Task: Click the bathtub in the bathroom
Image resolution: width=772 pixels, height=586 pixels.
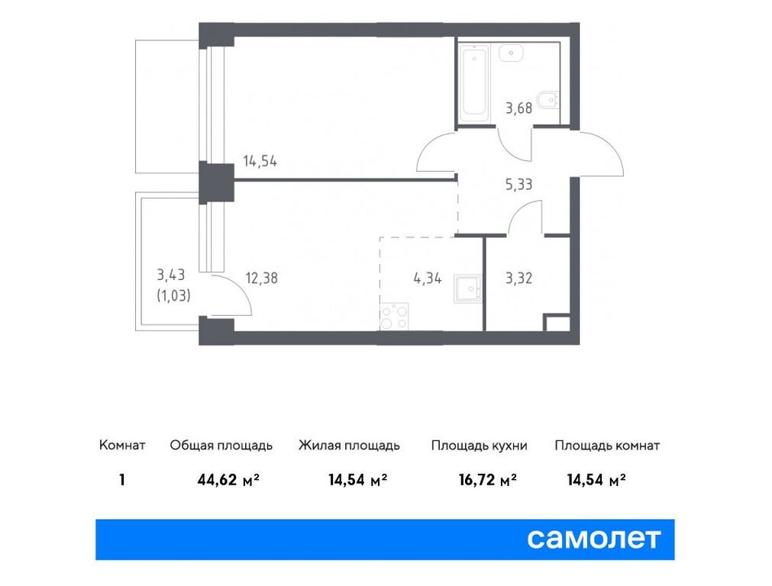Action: [x=474, y=84]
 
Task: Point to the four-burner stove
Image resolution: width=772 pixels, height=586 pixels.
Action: [x=394, y=316]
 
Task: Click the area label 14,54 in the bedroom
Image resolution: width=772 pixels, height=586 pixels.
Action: [x=260, y=161]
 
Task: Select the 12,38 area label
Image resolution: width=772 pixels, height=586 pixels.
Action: [x=260, y=278]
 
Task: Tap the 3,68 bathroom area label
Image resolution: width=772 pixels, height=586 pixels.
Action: [x=518, y=108]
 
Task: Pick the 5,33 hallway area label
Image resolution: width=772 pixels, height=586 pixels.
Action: [x=518, y=183]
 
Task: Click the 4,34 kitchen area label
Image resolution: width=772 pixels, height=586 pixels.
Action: [x=428, y=278]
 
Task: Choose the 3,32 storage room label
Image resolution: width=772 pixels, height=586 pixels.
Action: [x=518, y=278]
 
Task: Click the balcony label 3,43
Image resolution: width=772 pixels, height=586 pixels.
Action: [x=172, y=275]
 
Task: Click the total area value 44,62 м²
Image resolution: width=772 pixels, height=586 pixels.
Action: [x=228, y=480]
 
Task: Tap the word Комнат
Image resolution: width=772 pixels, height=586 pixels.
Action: [x=122, y=446]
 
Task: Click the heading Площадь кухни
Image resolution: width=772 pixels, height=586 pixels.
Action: [x=479, y=446]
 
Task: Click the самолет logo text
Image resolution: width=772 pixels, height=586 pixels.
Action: [x=593, y=539]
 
